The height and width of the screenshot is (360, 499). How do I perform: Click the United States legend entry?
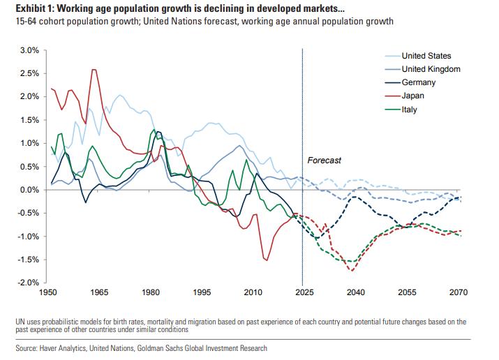click(x=426, y=56)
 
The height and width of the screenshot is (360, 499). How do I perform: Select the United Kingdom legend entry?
click(x=431, y=69)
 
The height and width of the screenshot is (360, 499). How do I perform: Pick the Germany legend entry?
click(x=419, y=82)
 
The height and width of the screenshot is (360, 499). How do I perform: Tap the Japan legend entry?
click(x=414, y=96)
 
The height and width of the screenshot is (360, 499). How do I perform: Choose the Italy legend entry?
click(x=410, y=110)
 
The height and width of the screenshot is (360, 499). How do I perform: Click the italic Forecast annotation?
click(x=325, y=160)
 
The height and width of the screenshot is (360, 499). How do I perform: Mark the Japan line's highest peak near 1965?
click(x=94, y=70)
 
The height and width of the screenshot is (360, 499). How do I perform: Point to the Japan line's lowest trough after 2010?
click(x=267, y=260)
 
